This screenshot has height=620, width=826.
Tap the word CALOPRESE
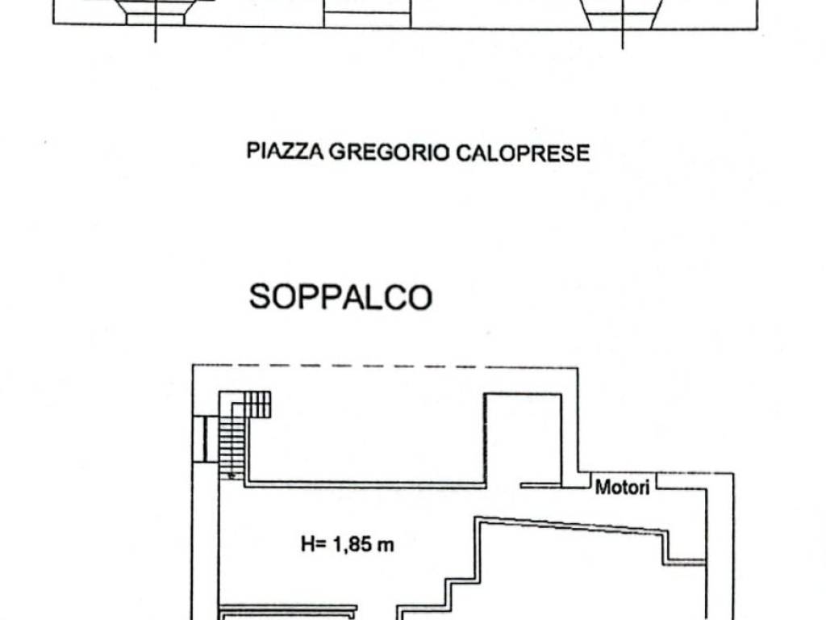pos(524,152)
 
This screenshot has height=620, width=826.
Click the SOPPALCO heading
pos(340,297)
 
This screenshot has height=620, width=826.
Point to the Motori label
pos(622,487)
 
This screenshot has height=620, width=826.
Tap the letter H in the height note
pos(308,545)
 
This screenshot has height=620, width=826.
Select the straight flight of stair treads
pos(232,444)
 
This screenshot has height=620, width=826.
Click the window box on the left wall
pos(204,439)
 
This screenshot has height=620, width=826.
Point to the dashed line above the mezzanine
pos(387,367)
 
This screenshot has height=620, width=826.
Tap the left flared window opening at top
pos(156,12)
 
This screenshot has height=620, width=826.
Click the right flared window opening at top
pos(622,14)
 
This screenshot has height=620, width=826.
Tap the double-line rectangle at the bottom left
pos(288,612)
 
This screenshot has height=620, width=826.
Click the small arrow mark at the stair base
pos(232,476)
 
